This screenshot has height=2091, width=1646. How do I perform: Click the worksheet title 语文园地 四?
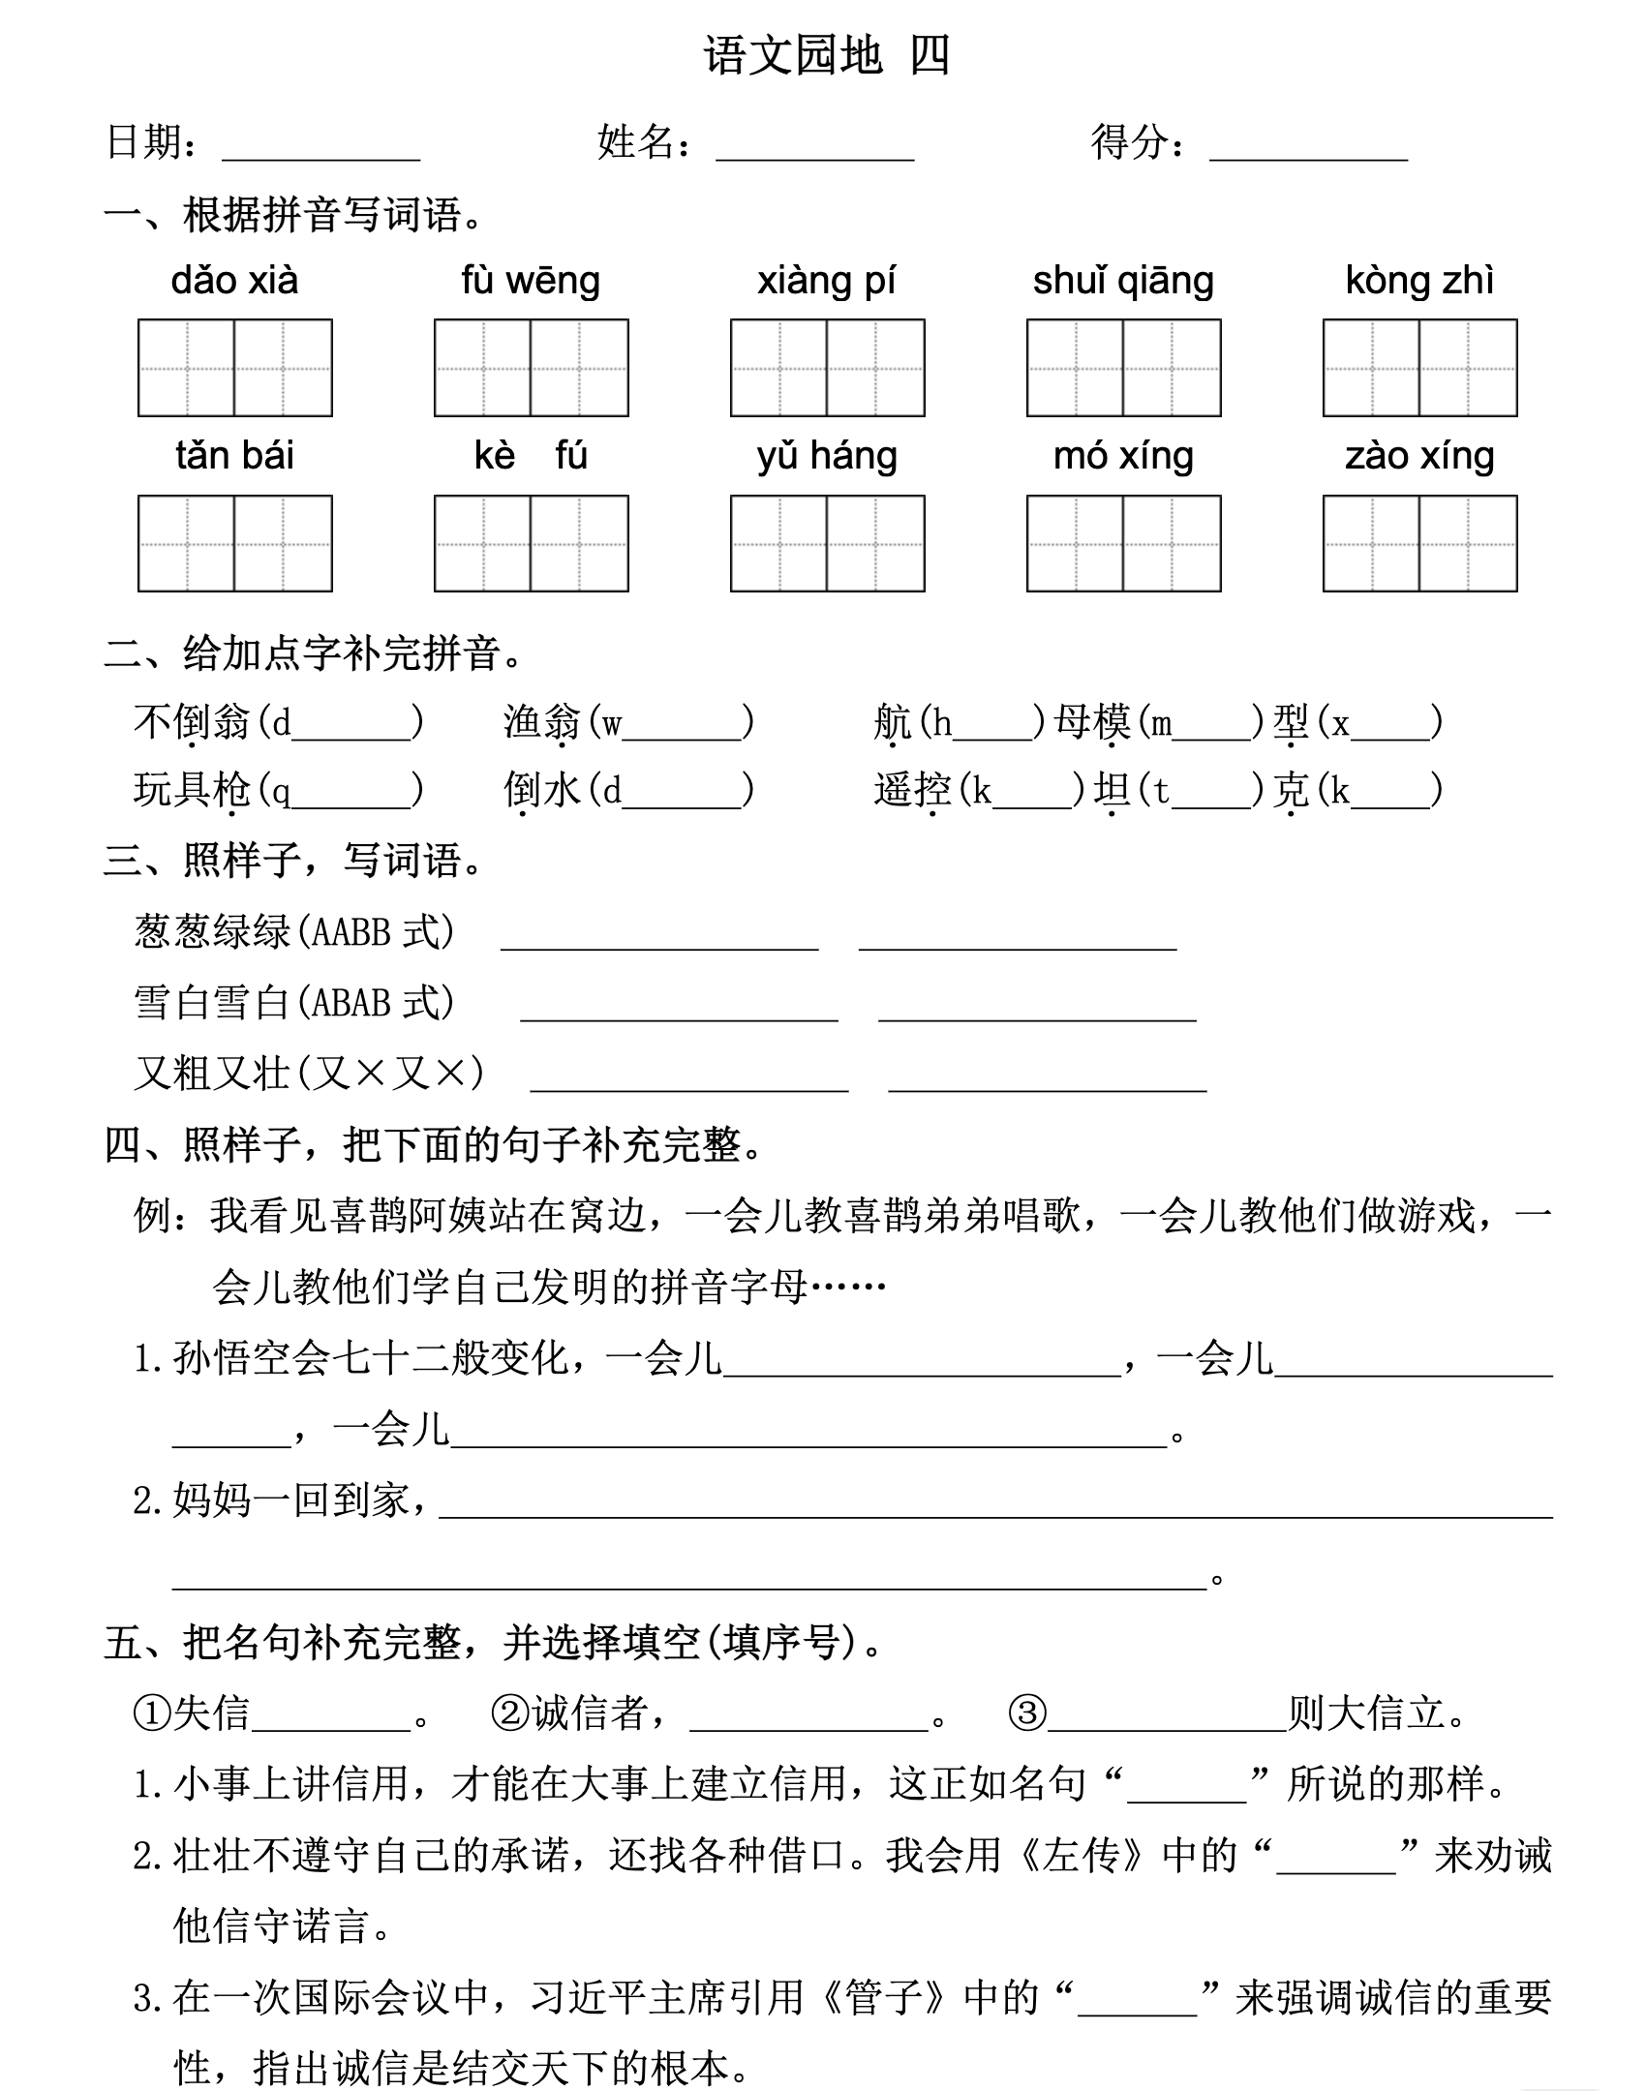[826, 56]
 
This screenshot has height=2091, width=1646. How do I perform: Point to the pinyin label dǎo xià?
[234, 281]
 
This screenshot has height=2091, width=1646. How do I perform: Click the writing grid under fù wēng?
[531, 368]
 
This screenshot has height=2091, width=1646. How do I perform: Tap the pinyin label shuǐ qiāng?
[1123, 281]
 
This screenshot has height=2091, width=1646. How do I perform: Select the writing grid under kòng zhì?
[1419, 368]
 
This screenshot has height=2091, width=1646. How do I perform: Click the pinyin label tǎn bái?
[234, 456]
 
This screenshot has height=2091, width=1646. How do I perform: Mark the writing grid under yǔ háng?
[827, 543]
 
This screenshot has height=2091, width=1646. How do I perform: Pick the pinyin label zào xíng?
[1419, 456]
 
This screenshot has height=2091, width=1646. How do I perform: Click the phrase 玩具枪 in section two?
[192, 790]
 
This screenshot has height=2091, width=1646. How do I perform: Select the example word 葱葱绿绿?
[212, 931]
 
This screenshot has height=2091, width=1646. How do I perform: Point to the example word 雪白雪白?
[212, 1002]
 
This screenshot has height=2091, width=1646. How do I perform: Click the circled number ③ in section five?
[1026, 1713]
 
